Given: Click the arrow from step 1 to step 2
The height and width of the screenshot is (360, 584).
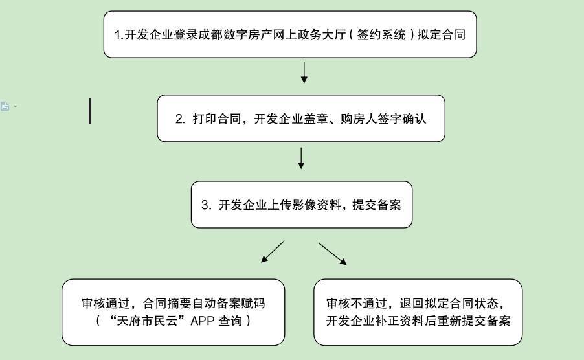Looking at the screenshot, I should tap(304, 73).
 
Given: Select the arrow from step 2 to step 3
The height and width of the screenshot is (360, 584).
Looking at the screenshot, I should tap(301, 158).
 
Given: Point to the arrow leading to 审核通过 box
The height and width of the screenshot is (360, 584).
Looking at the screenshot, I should tap(273, 252).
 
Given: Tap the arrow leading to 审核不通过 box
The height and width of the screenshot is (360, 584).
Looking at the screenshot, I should tap(333, 254).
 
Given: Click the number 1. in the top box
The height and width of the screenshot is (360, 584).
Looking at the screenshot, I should tap(119, 35).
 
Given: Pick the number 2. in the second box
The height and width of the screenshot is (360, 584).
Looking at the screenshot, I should tap(181, 119).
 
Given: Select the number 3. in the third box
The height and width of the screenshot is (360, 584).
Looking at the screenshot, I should tap(207, 205).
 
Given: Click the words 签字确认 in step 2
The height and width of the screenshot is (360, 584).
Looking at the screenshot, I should tap(405, 119).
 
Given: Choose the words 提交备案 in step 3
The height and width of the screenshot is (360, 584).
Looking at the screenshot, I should tap(377, 205).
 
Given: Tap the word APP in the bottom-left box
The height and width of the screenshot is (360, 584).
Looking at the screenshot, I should tap(203, 321).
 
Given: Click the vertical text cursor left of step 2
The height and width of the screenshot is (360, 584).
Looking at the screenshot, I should tap(90, 111).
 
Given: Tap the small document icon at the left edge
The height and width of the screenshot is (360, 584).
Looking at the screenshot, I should tap(5, 106).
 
